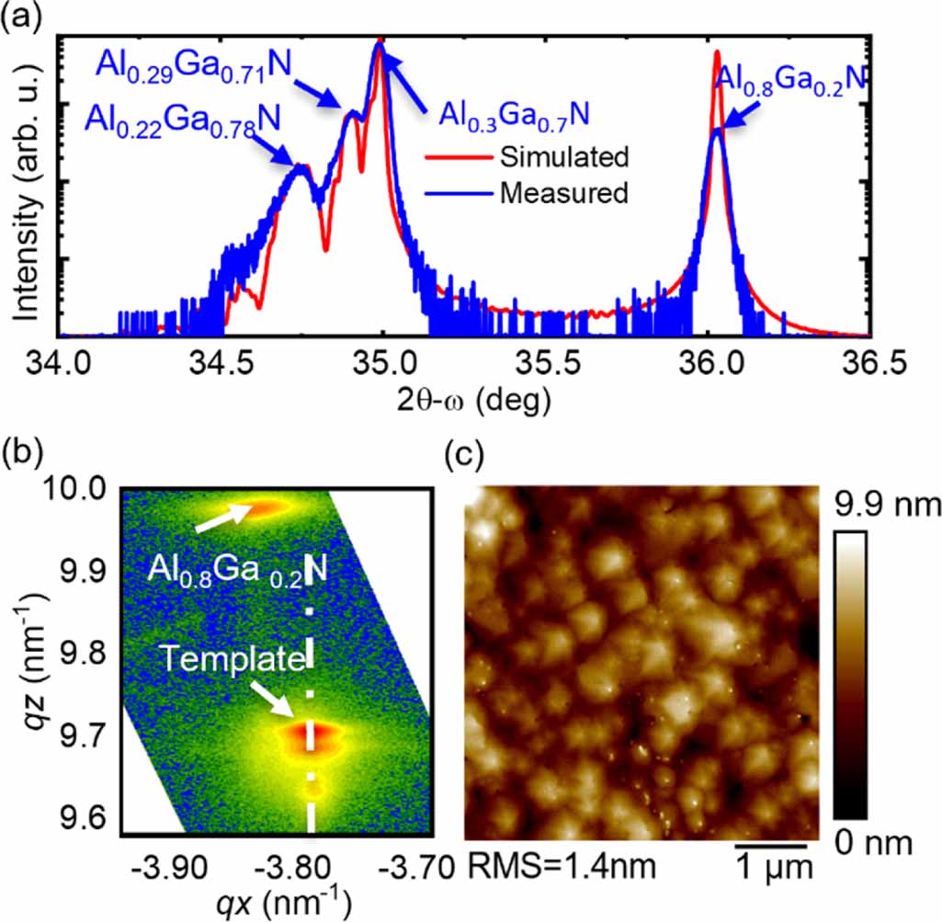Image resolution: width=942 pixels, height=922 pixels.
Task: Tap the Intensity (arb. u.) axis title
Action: tap(26, 188)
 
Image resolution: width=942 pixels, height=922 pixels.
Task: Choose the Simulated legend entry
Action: tap(564, 157)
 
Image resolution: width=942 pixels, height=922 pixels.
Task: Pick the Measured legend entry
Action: tap(564, 193)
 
